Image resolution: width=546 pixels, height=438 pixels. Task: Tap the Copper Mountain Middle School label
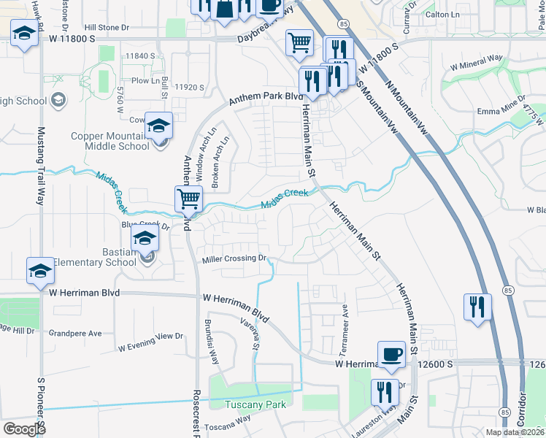(109, 141)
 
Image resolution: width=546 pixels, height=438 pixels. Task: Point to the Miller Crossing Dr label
(235, 258)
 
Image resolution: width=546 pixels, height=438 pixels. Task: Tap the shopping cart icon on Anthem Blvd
(188, 198)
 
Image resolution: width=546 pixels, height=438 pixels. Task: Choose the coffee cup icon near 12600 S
(391, 355)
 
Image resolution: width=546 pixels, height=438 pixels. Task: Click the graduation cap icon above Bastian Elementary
(145, 239)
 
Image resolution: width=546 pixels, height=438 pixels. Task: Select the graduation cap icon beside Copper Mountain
(158, 126)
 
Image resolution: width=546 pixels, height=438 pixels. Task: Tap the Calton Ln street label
(447, 14)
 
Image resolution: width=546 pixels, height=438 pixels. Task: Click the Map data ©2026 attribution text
(513, 432)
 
